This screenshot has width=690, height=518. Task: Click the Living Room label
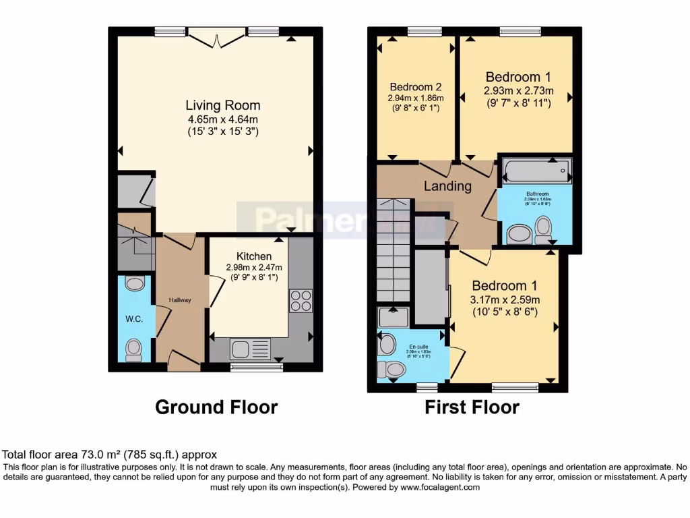coord(222,106)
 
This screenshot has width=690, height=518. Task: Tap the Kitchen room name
coord(254,256)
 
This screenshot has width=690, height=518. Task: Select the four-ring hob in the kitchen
coord(300,300)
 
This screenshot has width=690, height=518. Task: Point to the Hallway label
coord(180,300)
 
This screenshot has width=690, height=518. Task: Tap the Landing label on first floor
coord(447,186)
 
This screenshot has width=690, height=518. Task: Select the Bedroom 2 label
coord(416,87)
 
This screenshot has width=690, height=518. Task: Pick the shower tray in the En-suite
coord(390,317)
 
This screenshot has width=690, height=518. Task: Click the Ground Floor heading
coord(216,407)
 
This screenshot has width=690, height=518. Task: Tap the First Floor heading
coord(472,407)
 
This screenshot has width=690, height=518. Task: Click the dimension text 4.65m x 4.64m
coord(222,119)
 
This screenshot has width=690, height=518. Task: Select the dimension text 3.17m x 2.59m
coord(505,299)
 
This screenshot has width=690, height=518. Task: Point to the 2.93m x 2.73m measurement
coord(518,90)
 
